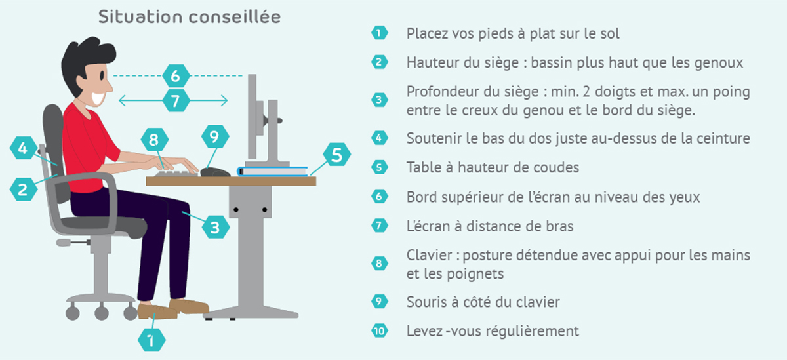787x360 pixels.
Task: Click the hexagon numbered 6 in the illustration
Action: pos(176,75)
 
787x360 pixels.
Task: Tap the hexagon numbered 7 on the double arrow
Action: pos(176,101)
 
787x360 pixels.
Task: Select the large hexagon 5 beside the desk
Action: pos(336,155)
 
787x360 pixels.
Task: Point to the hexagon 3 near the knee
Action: pos(215,228)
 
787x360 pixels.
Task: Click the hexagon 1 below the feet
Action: pos(151,340)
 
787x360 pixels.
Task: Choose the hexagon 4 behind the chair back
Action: pos(23,148)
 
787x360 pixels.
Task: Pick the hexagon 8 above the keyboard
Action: pos(155,140)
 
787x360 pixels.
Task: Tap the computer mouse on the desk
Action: pos(215,172)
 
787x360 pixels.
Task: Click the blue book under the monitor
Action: pos(273,171)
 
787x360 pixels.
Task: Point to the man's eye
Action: pos(102,75)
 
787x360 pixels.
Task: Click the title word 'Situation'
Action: pos(140,17)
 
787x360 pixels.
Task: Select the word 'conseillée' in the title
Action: pos(235,17)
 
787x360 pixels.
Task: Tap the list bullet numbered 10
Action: pos(380,331)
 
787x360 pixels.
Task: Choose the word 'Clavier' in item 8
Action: pos(430,255)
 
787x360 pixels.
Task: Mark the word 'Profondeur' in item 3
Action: pos(442,92)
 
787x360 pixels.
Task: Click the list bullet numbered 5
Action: pos(380,167)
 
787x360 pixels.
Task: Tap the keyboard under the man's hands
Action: pos(176,174)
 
